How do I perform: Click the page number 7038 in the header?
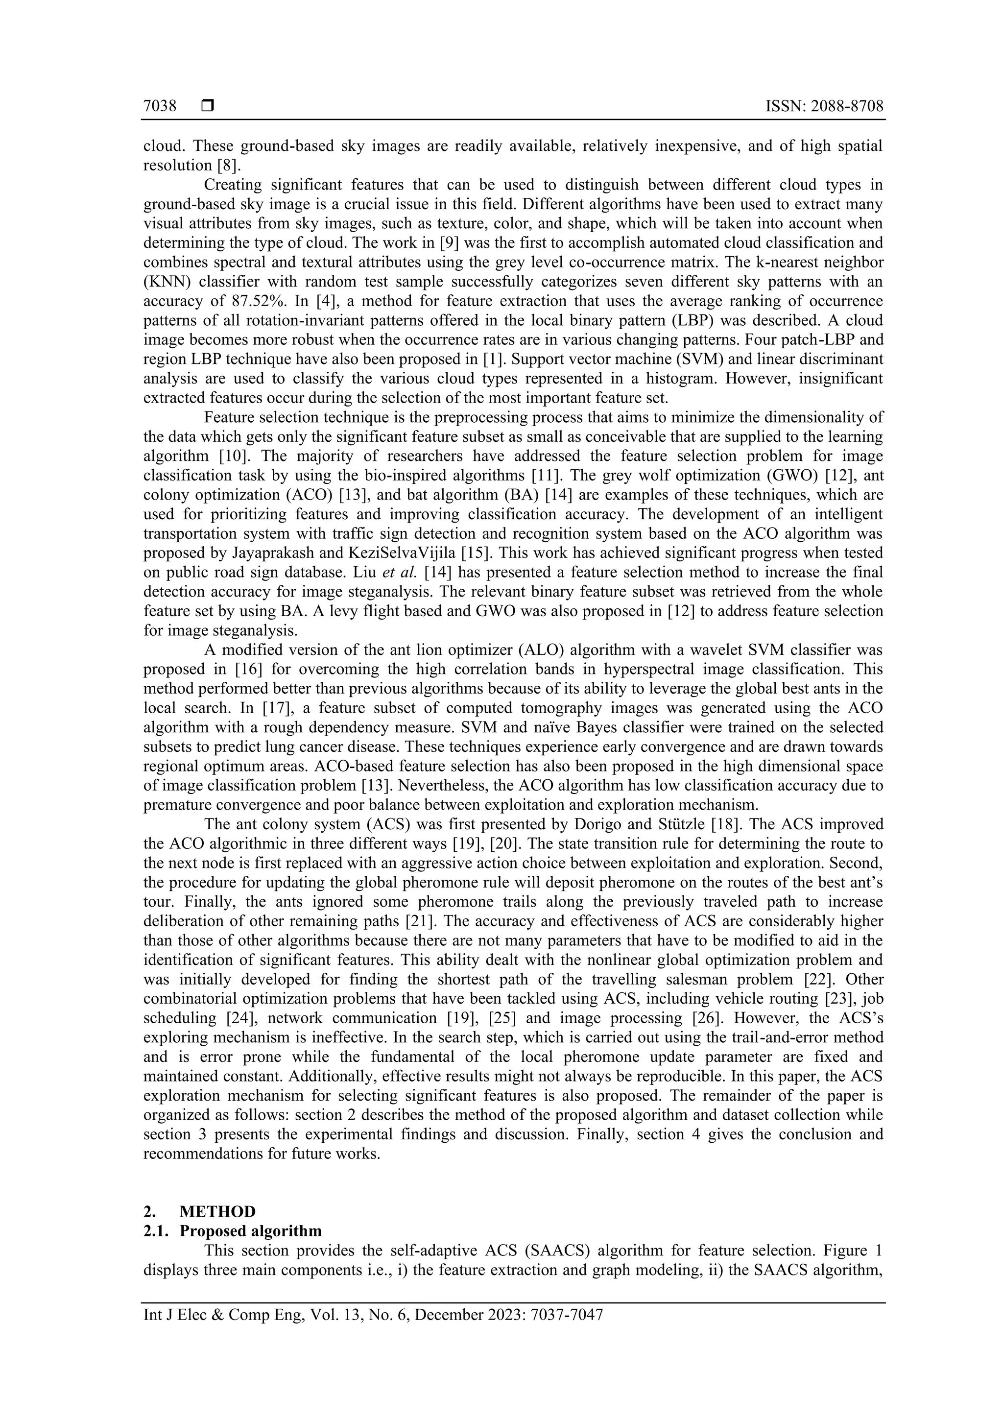[x=160, y=106]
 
